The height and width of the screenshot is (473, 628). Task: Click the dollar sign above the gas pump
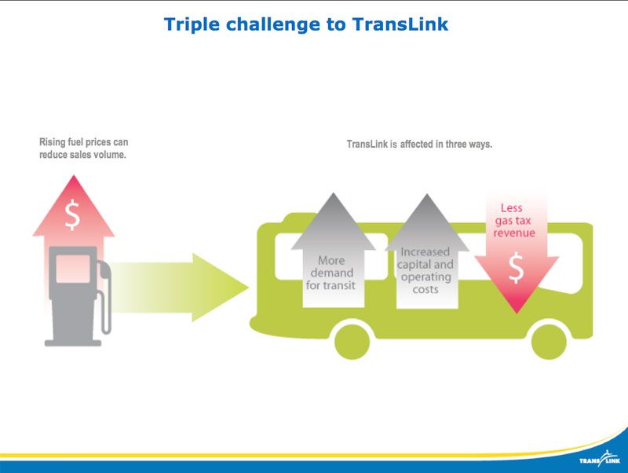point(72,214)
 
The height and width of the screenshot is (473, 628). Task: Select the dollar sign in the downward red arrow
point(516,269)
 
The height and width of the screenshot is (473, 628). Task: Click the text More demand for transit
point(330,273)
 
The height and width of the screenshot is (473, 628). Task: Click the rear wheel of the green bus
point(352,340)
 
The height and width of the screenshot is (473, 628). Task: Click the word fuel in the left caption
point(81,142)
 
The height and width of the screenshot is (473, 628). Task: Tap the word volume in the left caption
point(108,156)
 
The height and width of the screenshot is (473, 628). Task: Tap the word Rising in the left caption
point(53,142)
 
